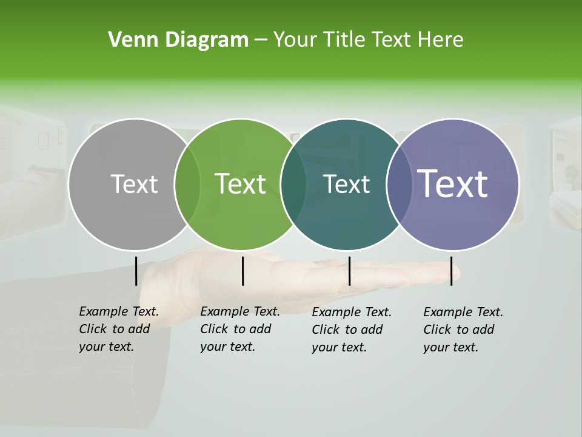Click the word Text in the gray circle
pos(134,184)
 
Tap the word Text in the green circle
pos(241,184)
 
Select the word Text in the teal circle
pos(347,184)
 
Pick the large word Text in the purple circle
pos(453,184)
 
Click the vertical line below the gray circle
pos(136,271)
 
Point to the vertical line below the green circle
pos(242,271)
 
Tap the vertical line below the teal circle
pos(349,271)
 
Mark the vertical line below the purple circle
pos(451,271)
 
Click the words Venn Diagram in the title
pos(178,40)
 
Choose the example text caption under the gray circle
pos(118,329)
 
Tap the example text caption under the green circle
pos(239,329)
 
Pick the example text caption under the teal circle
pos(352,330)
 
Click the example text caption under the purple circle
pos(463,330)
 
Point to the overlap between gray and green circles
pos(187,184)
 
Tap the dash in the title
pos(261,41)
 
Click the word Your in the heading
pos(295,40)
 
